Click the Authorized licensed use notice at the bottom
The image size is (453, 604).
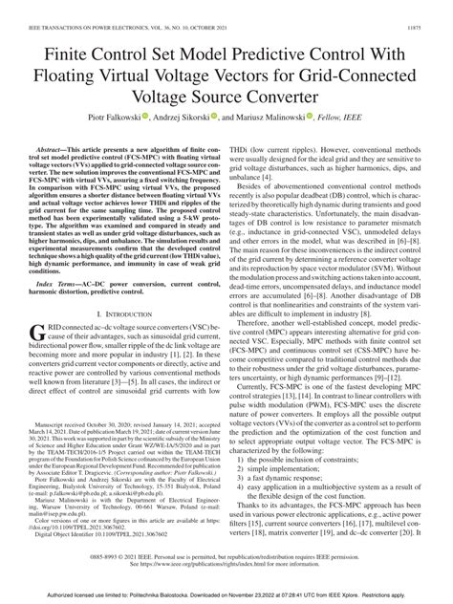point(226,594)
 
